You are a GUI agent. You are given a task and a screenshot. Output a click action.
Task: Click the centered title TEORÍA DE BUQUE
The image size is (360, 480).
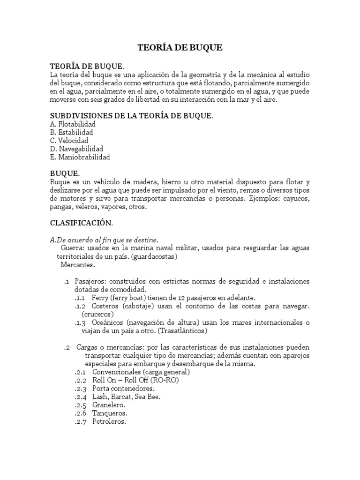point(180,47)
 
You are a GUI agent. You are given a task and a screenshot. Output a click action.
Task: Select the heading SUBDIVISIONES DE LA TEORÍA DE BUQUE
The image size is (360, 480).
point(131,115)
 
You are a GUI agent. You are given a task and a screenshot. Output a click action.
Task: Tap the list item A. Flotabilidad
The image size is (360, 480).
point(73,124)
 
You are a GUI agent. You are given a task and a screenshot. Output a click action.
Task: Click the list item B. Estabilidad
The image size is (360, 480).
point(71,133)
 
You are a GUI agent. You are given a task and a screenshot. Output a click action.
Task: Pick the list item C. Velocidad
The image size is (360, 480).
point(69,141)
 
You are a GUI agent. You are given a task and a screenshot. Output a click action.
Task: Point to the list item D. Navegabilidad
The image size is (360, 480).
point(76,149)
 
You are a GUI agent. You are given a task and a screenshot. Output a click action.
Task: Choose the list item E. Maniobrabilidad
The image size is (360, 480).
point(80,157)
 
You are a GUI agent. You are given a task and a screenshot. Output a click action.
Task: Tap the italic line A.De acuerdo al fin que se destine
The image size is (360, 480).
point(104,240)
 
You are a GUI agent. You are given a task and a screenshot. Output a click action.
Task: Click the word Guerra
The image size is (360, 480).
point(72,248)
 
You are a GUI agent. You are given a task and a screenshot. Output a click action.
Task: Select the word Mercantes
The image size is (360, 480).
point(77,265)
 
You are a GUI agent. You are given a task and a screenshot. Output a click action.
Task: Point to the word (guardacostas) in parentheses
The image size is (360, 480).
point(154,256)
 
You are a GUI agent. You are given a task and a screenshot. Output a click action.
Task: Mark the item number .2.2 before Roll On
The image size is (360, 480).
point(81,380)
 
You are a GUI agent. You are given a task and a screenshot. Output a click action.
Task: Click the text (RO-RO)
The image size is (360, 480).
point(162,380)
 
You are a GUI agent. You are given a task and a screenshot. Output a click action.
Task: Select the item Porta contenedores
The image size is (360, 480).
point(123,389)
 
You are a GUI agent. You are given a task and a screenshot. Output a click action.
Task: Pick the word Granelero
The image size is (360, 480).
point(109,405)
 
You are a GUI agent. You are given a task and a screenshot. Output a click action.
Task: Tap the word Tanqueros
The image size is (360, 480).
point(110,413)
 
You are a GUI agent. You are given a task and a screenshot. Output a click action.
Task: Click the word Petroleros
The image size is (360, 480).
point(109,422)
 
